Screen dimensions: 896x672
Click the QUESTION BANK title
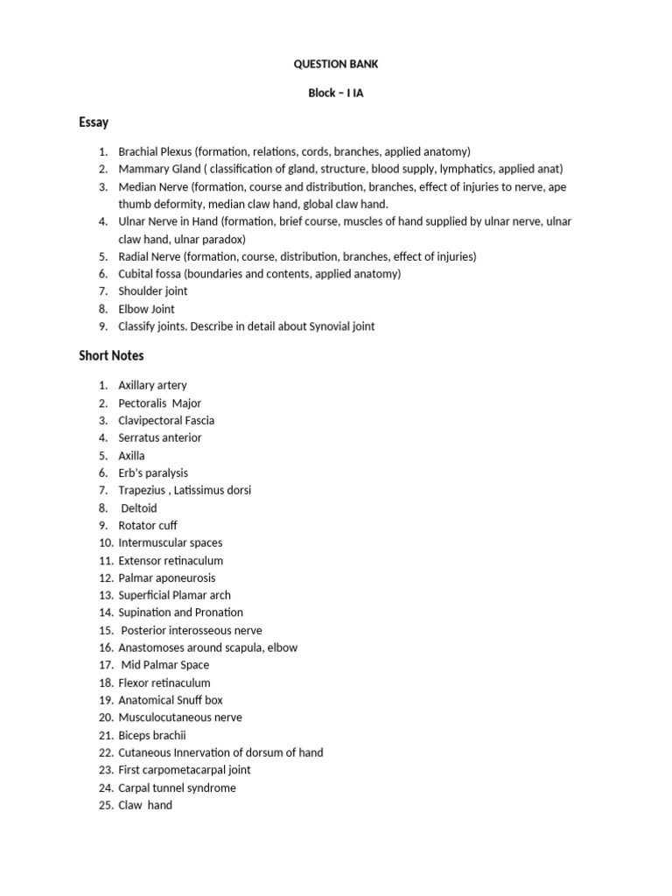pyautogui.click(x=336, y=64)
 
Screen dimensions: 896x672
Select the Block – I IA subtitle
pyautogui.click(x=336, y=94)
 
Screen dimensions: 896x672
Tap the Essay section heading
pyautogui.click(x=94, y=122)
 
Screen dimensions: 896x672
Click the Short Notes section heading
pyautogui.click(x=111, y=355)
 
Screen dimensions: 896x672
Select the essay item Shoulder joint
pyautogui.click(x=153, y=291)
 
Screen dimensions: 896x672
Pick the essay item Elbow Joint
pyautogui.click(x=147, y=309)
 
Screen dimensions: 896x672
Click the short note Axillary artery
pyautogui.click(x=153, y=385)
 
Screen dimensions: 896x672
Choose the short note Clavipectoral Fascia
pyautogui.click(x=166, y=420)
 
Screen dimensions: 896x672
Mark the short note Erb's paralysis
pyautogui.click(x=153, y=472)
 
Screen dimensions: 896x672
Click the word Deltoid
pyautogui.click(x=140, y=507)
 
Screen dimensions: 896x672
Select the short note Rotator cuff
pyautogui.click(x=148, y=525)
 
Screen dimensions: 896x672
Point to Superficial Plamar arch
pyautogui.click(x=175, y=595)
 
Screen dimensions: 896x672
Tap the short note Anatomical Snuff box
pyautogui.click(x=171, y=700)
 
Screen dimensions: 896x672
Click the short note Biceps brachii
pyautogui.click(x=152, y=735)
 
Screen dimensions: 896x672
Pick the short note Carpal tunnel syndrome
pyautogui.click(x=177, y=787)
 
